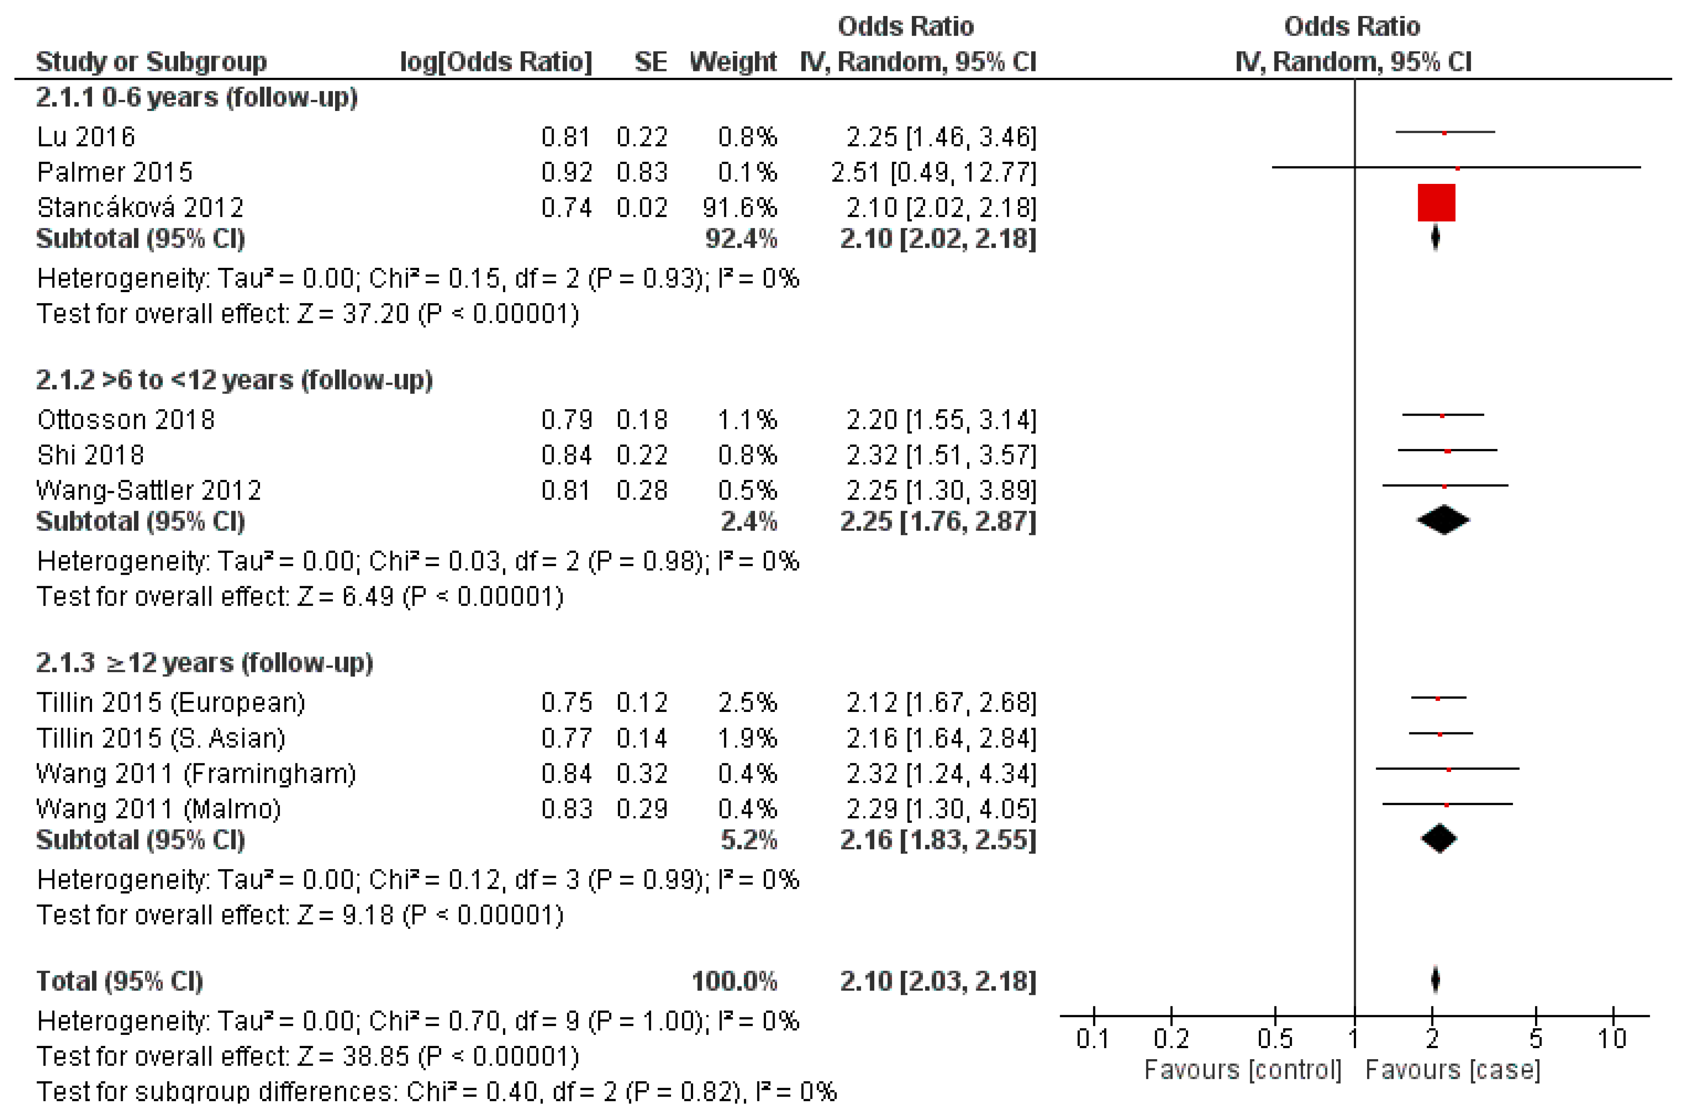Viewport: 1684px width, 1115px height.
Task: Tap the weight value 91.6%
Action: tap(739, 208)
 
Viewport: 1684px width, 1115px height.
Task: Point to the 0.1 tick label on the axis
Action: tap(1092, 1039)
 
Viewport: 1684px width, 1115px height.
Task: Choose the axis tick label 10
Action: tap(1612, 1039)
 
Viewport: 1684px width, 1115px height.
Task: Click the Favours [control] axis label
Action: tap(1242, 1069)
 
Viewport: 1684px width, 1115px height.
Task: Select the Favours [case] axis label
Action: tap(1452, 1069)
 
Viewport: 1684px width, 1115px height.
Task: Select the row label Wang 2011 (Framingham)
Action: tap(196, 774)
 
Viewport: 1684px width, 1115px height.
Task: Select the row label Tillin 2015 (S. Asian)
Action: tap(161, 738)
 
